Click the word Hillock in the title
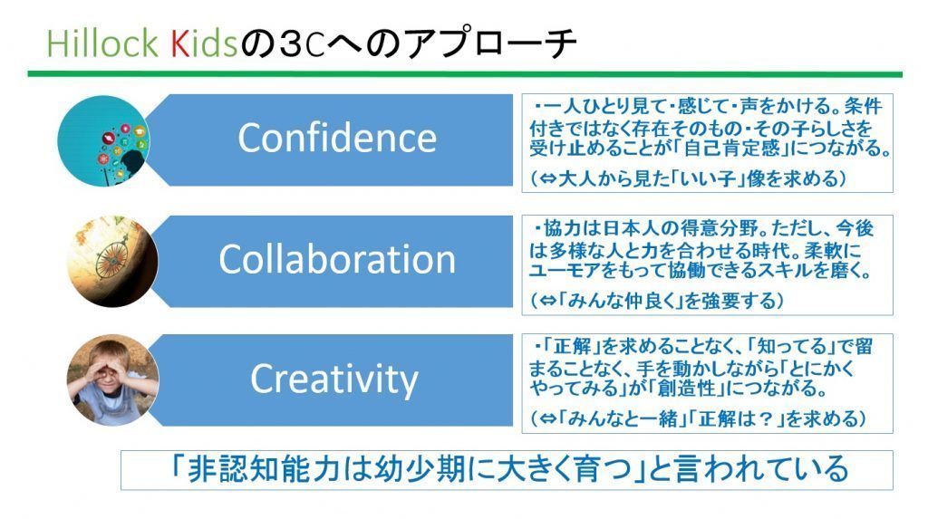[102, 43]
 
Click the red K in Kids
[179, 43]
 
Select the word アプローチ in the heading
[491, 43]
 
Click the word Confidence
[337, 139]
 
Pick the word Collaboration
[337, 259]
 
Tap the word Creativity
[334, 380]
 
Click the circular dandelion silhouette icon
[104, 141]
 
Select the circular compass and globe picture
[111, 261]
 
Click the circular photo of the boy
[112, 380]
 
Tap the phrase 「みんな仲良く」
[620, 302]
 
